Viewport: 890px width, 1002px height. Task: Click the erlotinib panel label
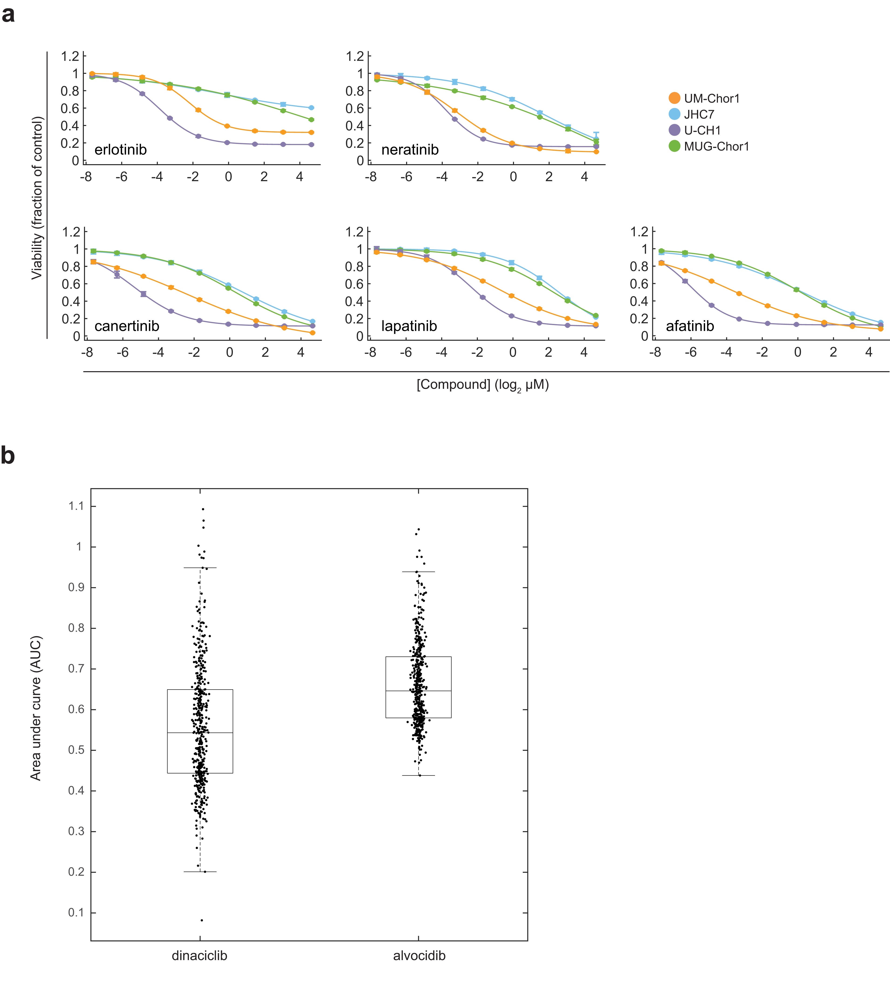[121, 149]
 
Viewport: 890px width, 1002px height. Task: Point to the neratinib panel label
[410, 149]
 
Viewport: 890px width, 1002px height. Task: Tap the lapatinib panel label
[409, 326]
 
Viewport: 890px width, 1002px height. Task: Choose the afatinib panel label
[690, 326]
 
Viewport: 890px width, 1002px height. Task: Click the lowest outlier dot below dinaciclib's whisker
[201, 920]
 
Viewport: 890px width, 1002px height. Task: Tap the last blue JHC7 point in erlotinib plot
[311, 108]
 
